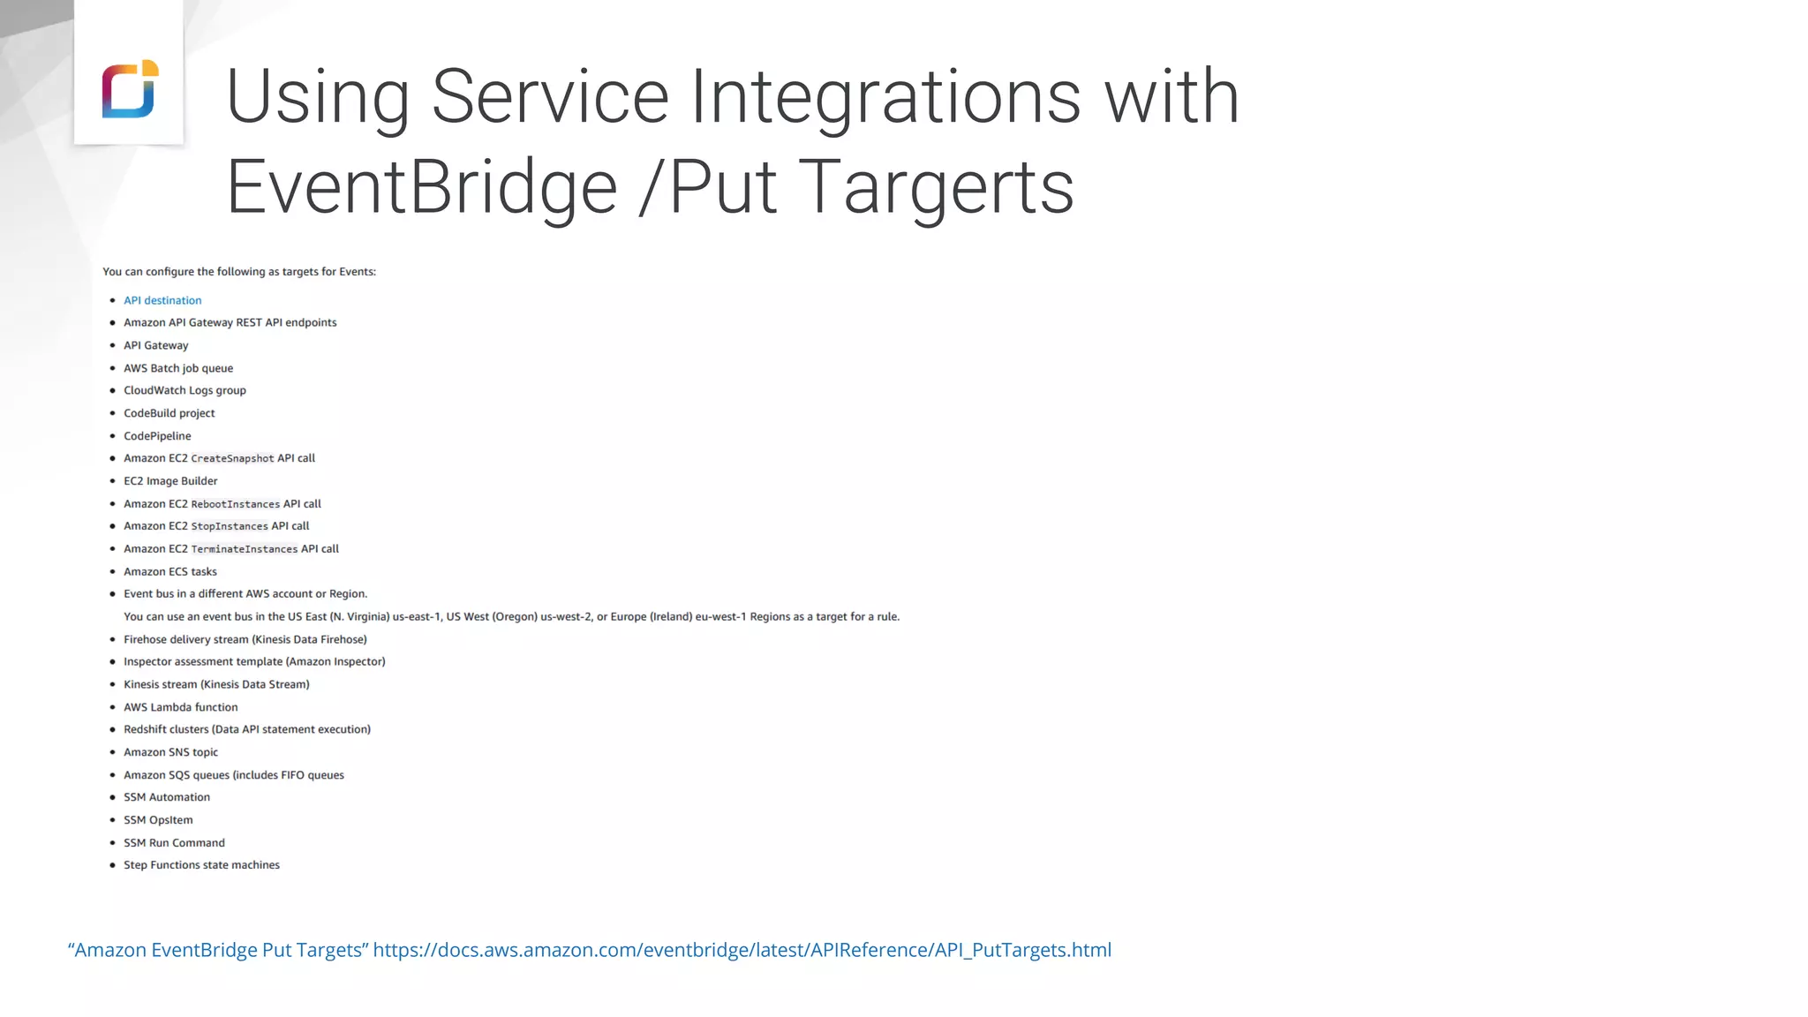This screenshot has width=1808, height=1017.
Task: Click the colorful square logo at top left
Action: coord(130,88)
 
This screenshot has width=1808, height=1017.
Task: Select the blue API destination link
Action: coord(162,300)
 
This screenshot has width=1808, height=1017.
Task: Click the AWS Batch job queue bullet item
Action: coord(178,368)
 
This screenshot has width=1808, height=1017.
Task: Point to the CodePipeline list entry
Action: coord(157,436)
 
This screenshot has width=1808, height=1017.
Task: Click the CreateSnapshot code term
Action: coord(232,459)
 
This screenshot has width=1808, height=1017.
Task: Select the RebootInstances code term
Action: coord(235,504)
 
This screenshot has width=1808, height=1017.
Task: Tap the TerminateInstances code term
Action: coord(245,549)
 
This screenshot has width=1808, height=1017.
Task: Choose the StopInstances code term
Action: coord(230,526)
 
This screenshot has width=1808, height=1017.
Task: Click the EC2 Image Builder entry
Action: coord(170,481)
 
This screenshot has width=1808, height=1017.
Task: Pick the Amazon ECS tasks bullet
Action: coord(170,572)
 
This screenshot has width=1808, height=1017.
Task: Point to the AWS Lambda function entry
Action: coord(181,707)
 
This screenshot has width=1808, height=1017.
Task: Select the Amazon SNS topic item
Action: coord(170,752)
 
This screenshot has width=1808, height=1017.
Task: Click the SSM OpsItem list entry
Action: coord(158,820)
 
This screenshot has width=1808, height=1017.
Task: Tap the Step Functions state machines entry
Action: coord(201,865)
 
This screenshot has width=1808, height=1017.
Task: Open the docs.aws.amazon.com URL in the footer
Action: coord(742,950)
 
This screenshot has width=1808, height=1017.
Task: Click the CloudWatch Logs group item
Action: coord(185,390)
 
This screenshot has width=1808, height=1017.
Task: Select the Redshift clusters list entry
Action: coord(247,729)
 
